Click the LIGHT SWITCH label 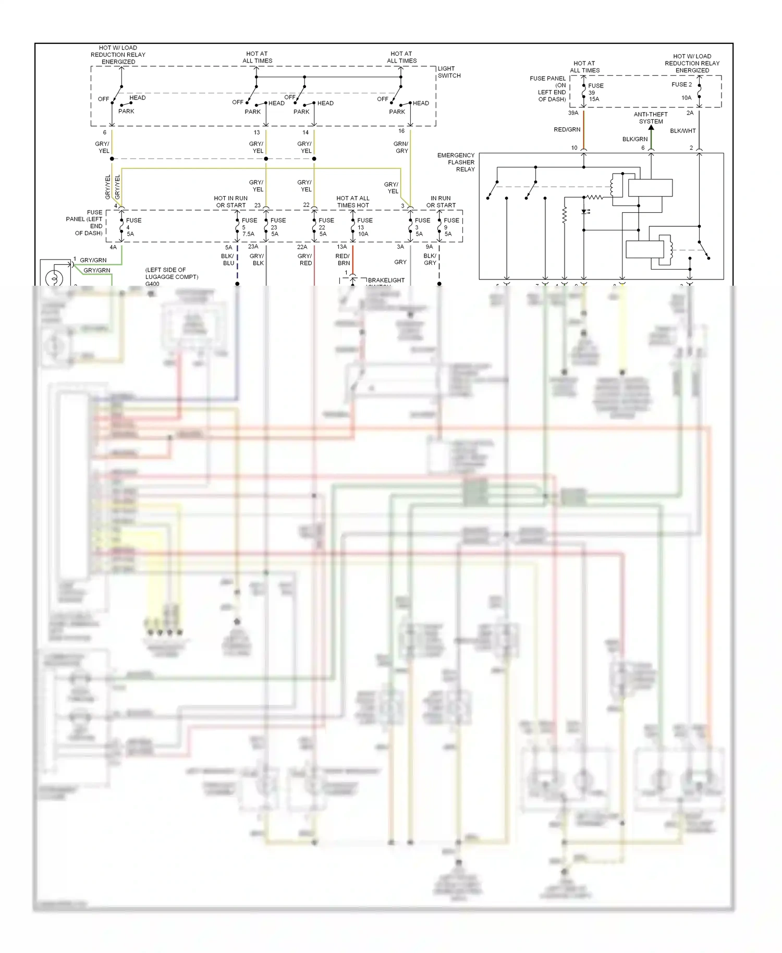pos(449,72)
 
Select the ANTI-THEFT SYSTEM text pos(651,118)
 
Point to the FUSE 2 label pos(681,84)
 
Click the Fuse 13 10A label pos(364,227)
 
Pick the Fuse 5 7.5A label pos(249,227)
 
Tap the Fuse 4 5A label pos(132,227)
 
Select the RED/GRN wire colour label pos(567,130)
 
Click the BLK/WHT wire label pos(682,131)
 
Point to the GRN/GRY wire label pos(401,147)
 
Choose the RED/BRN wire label pos(343,260)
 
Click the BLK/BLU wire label pos(228,260)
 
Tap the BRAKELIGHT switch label pos(386,280)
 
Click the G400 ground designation pos(152,284)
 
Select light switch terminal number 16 pos(401,131)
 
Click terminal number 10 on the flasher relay pos(574,148)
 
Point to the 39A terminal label pos(573,113)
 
